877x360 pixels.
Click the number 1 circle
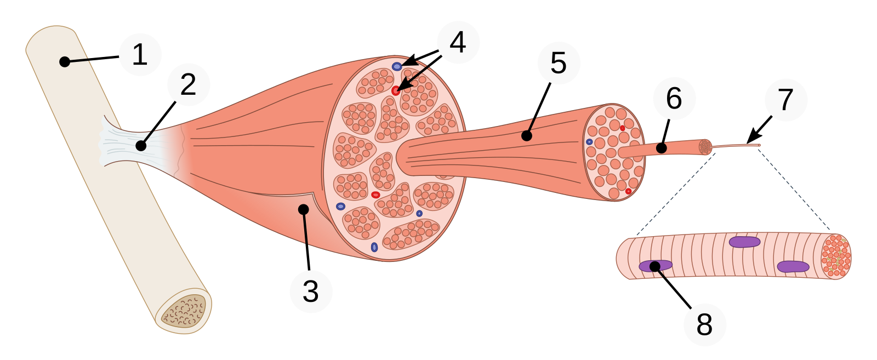(x=140, y=55)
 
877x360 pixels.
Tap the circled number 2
(x=189, y=85)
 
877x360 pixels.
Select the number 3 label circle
(x=311, y=291)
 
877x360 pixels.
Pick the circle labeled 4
(x=458, y=43)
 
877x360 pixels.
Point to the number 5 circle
(x=559, y=62)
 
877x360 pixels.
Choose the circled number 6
(x=674, y=99)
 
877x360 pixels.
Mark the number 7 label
(x=786, y=100)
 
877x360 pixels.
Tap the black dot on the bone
(x=65, y=61)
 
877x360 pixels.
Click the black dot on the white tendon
(x=141, y=146)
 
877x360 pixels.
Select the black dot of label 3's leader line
(x=303, y=209)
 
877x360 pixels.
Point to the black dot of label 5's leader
(x=527, y=135)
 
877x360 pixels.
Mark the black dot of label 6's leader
(x=662, y=148)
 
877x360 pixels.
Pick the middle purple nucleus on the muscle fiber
(x=744, y=242)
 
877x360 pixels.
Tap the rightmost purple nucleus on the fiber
(x=793, y=266)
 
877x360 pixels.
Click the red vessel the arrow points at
(x=396, y=90)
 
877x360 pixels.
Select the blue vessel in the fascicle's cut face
(x=589, y=142)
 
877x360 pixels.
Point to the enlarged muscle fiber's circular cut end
(x=836, y=255)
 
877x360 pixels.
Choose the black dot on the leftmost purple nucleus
(x=654, y=266)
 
